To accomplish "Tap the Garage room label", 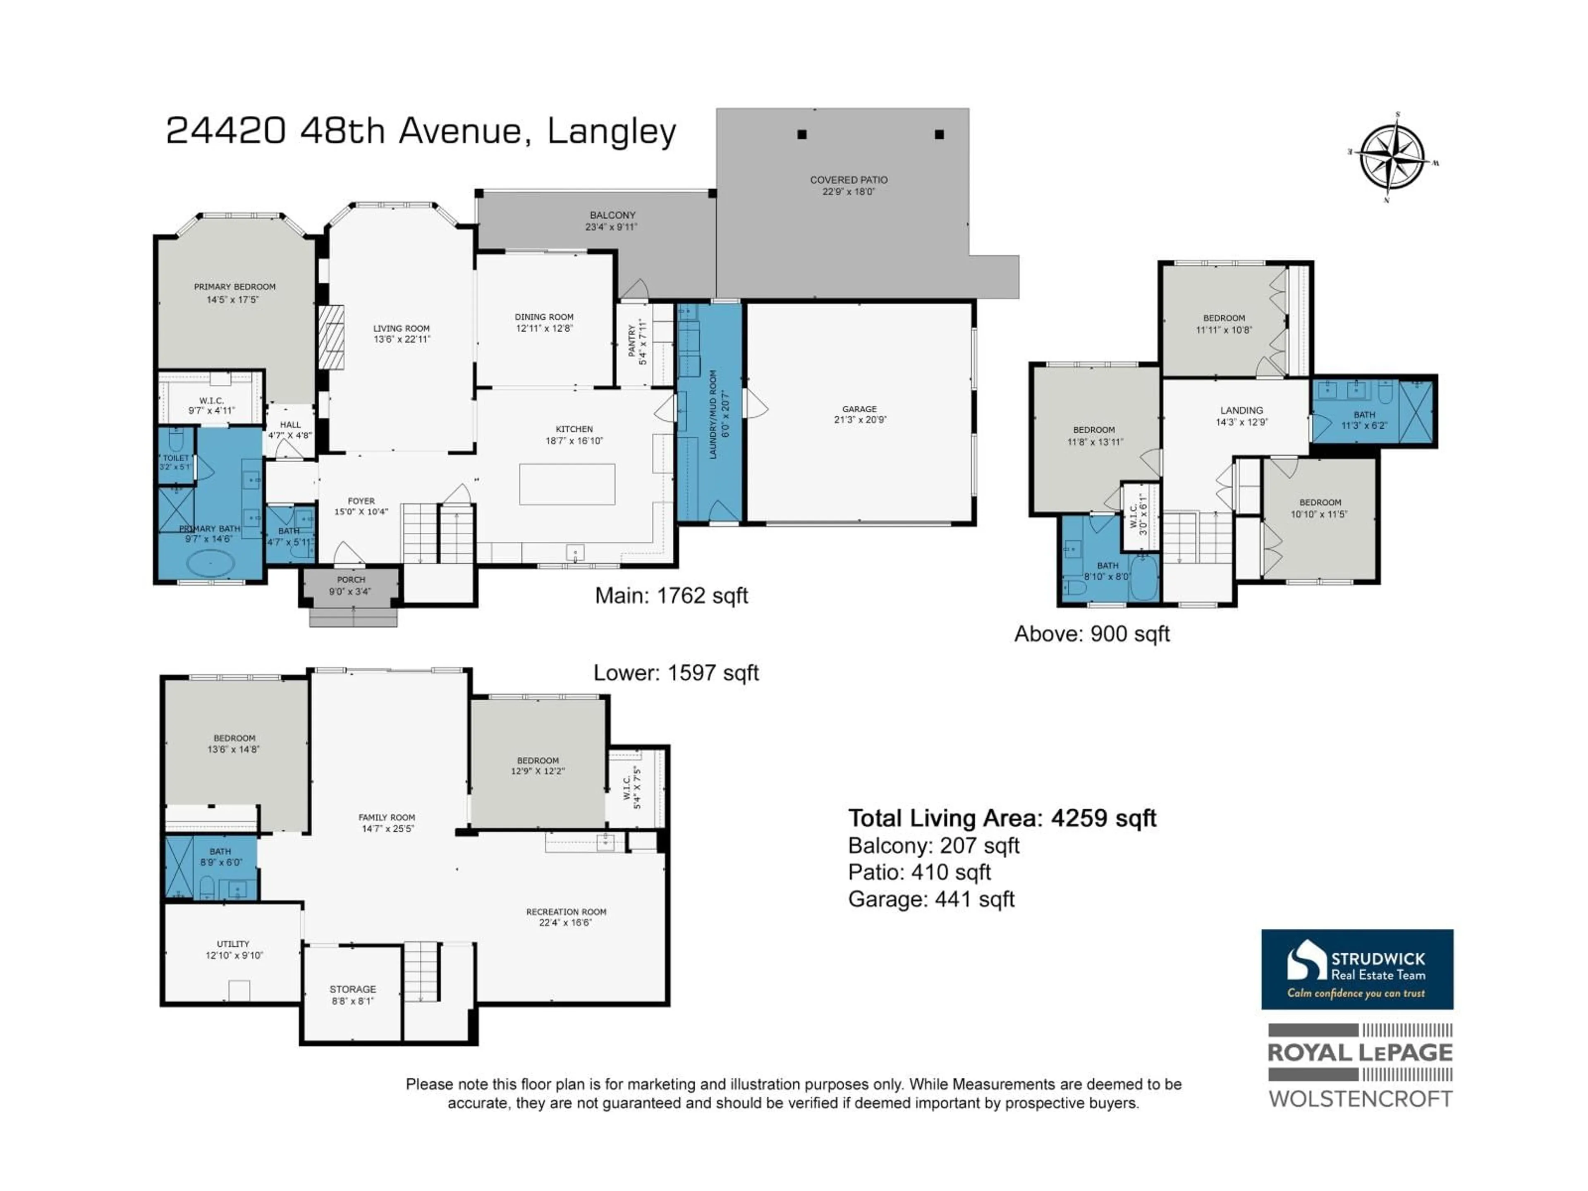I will [x=859, y=409].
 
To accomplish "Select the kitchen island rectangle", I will [x=567, y=484].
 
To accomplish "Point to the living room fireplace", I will [x=332, y=337].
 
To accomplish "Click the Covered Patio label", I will [x=849, y=180].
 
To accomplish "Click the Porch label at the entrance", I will [x=351, y=579].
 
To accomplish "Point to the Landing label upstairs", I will [x=1241, y=411].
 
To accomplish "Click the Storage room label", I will [x=352, y=989].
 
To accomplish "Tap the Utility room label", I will [x=233, y=944].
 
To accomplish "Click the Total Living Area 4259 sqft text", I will [x=1002, y=818].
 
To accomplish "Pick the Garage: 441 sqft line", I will [x=931, y=899].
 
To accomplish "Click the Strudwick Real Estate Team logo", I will [x=1357, y=969].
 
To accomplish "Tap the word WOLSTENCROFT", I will [x=1361, y=1098].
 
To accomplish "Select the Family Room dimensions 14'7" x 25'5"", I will [x=387, y=828].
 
